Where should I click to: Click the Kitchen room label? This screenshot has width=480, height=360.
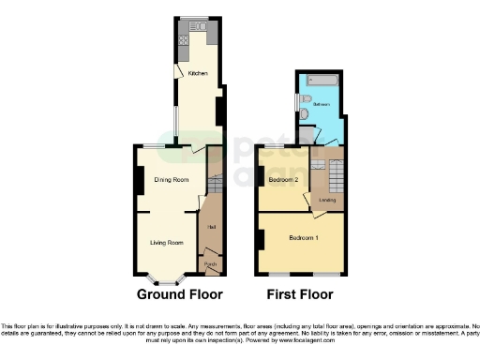coord(197,73)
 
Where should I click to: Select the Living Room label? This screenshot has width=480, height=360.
coord(166,243)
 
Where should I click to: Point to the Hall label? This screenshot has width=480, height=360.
coord(212,227)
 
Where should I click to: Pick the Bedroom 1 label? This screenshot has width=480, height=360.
coord(304,237)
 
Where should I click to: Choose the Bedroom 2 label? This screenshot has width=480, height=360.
coord(283,179)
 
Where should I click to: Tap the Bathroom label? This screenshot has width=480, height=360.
coord(322,104)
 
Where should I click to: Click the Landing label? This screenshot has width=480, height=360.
coord(328,200)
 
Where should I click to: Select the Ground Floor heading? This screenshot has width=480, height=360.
coord(180,294)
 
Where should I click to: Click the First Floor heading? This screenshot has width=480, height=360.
coord(301,294)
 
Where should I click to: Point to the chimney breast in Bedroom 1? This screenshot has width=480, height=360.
coord(259,238)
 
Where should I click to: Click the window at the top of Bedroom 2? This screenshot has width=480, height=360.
coord(274,147)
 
